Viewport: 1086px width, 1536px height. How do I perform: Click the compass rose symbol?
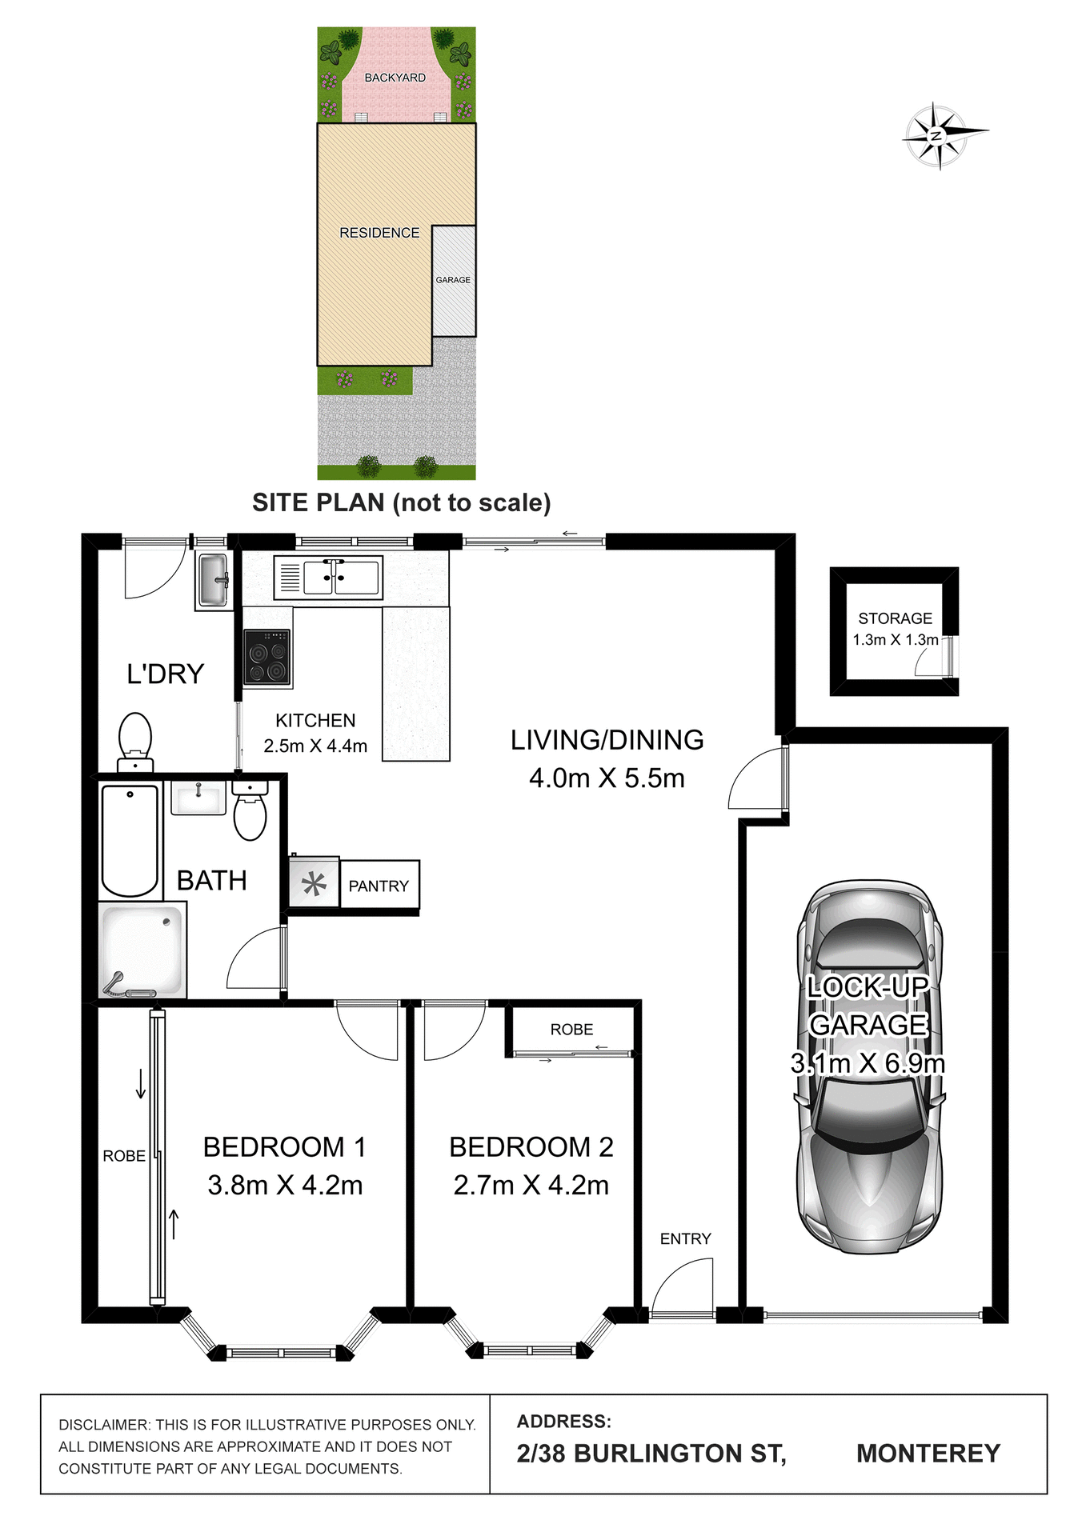click(x=939, y=135)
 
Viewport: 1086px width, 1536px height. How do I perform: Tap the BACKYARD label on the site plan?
click(x=395, y=78)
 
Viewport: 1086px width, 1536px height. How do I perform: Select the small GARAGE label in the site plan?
click(x=453, y=280)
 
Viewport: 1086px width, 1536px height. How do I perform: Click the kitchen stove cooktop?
click(x=267, y=658)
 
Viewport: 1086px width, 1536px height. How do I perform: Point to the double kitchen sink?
click(x=329, y=577)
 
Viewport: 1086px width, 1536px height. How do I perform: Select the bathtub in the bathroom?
click(x=130, y=840)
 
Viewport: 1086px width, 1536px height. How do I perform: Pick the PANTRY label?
click(x=379, y=886)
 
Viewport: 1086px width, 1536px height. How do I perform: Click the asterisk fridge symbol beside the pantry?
click(x=314, y=884)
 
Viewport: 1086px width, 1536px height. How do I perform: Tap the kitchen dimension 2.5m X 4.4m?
click(x=315, y=746)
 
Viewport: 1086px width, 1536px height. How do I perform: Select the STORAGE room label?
click(x=895, y=618)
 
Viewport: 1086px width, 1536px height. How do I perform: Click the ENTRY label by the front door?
click(x=685, y=1238)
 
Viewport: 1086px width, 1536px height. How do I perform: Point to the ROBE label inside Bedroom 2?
click(x=571, y=1030)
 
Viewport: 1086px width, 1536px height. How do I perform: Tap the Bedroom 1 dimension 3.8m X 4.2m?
click(x=285, y=1185)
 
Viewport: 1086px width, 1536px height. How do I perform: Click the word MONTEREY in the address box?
click(x=928, y=1453)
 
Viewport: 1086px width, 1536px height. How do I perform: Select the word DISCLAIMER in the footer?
click(x=104, y=1425)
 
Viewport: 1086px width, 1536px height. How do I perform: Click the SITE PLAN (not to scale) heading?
click(x=401, y=502)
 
